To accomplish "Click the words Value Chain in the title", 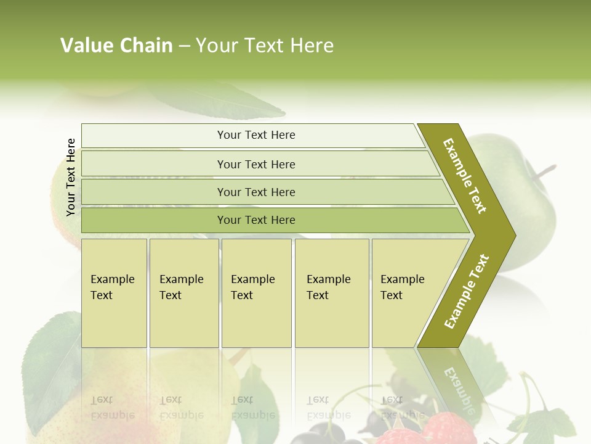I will pyautogui.click(x=116, y=46).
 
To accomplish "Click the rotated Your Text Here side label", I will pyautogui.click(x=71, y=177).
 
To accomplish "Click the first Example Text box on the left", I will pyautogui.click(x=114, y=293).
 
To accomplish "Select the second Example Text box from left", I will pyautogui.click(x=183, y=293).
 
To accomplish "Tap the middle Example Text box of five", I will pyautogui.click(x=256, y=293).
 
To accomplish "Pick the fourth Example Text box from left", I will pyautogui.click(x=332, y=293).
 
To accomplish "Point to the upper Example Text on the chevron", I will pyautogui.click(x=465, y=176).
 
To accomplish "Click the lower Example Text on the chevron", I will pyautogui.click(x=467, y=291).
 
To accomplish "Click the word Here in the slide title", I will pyautogui.click(x=312, y=46).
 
